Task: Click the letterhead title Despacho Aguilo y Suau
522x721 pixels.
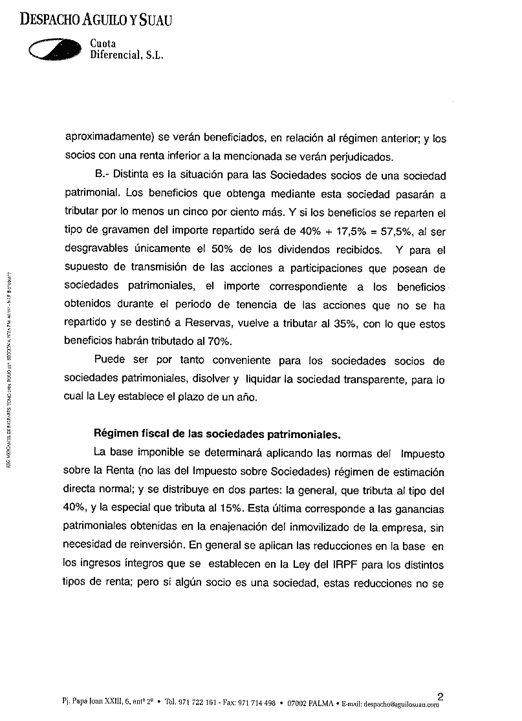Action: pos(96,21)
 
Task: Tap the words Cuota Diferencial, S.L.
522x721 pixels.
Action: pos(126,50)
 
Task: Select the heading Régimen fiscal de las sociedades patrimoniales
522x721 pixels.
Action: pos(226,433)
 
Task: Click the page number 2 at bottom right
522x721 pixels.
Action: pos(440,696)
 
